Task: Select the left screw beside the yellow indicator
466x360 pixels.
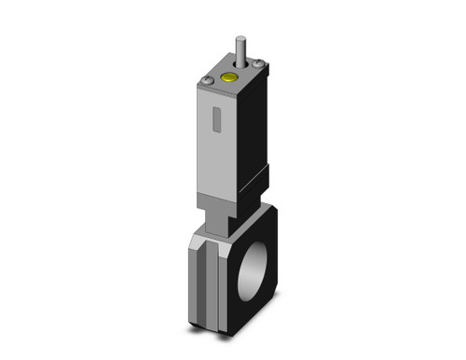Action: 208,83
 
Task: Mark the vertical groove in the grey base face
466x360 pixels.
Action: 212,275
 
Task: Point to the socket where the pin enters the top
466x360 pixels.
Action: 242,66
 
